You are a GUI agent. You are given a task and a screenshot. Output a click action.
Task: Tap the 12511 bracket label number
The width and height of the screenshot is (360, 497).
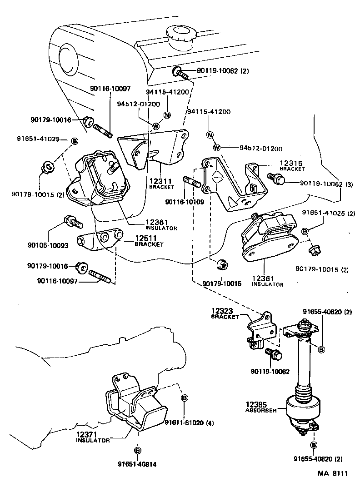pos(145,238)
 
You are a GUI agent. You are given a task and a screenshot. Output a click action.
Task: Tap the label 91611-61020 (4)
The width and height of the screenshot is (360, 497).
pos(189,423)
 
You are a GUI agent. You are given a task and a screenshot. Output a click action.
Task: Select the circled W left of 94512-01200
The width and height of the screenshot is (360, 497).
pos(216,147)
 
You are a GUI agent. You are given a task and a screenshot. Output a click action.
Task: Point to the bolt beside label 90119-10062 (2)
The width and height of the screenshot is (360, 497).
pos(180,73)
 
